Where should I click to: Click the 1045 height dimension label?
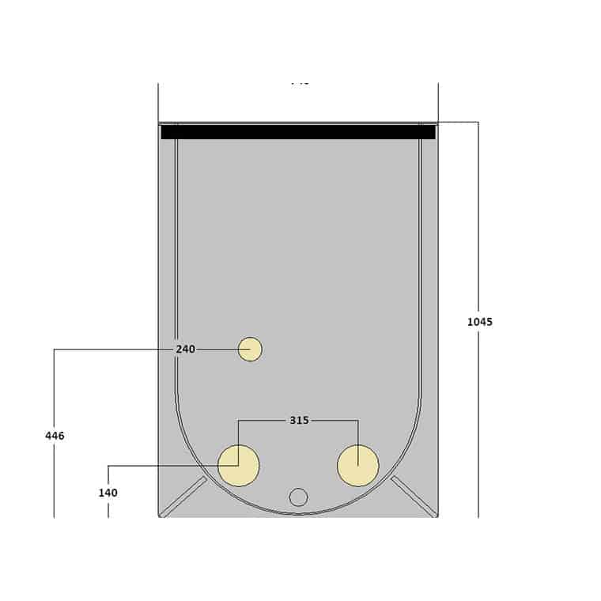479,322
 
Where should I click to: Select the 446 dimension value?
55,436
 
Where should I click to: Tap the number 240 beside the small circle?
185,349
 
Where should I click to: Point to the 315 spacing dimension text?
299,421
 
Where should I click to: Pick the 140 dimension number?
108,493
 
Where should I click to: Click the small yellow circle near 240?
250,349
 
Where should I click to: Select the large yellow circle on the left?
239,466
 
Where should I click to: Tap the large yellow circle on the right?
358,466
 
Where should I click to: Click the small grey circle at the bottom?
298,497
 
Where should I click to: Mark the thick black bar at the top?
298,132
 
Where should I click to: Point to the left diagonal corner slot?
183,497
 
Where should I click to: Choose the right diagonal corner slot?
414,497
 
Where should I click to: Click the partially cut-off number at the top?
300,81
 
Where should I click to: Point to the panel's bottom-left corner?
159,516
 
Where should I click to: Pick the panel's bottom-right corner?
437,516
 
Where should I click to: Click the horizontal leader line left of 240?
111,349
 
